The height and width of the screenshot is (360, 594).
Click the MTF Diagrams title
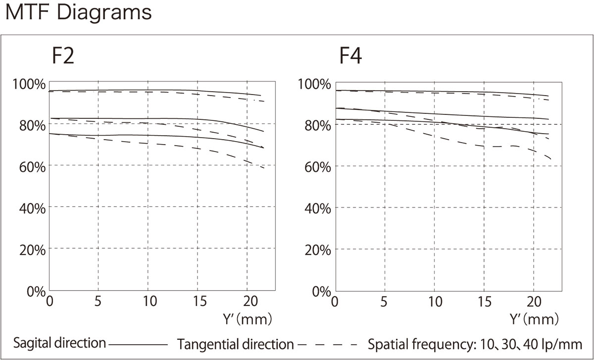point(79,13)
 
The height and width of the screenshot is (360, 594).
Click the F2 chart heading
point(63,56)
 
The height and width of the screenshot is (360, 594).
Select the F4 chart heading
point(350,56)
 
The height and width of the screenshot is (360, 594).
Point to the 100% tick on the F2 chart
point(29,84)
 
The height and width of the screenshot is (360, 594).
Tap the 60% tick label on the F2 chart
point(32,167)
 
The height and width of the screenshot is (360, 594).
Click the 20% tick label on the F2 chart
point(32,250)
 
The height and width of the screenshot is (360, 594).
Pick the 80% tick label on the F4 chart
point(318,125)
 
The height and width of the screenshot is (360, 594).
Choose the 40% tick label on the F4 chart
point(318,208)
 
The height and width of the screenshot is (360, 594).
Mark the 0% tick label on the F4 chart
point(321,292)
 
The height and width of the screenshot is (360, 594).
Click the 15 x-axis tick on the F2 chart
point(199,302)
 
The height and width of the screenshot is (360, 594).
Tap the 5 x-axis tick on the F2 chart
point(98,302)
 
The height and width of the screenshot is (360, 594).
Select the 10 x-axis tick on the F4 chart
point(435,302)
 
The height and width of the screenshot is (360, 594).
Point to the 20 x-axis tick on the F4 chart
point(534,302)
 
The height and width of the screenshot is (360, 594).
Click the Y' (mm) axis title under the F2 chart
point(247,319)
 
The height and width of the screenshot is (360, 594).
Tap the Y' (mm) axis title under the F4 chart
point(534,319)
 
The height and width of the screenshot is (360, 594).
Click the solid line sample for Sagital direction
point(138,345)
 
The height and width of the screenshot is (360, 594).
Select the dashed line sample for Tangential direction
point(328,345)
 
